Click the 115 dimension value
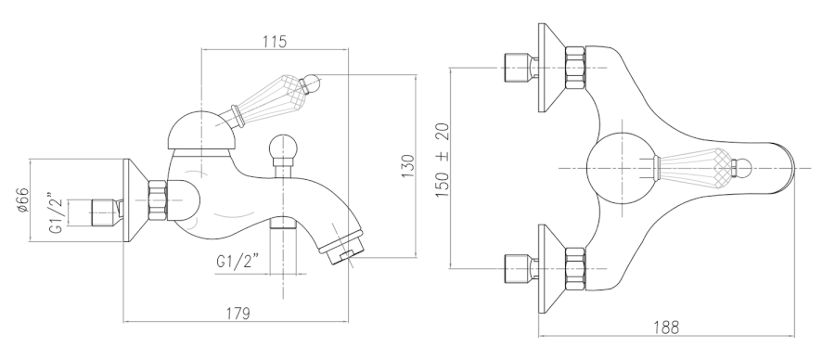coord(275,41)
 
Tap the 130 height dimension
coord(407,166)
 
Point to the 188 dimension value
coord(666,327)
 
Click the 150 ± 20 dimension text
coord(443,160)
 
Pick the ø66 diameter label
coord(22,200)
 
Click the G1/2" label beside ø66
coord(56,213)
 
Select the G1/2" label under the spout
coord(238,262)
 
